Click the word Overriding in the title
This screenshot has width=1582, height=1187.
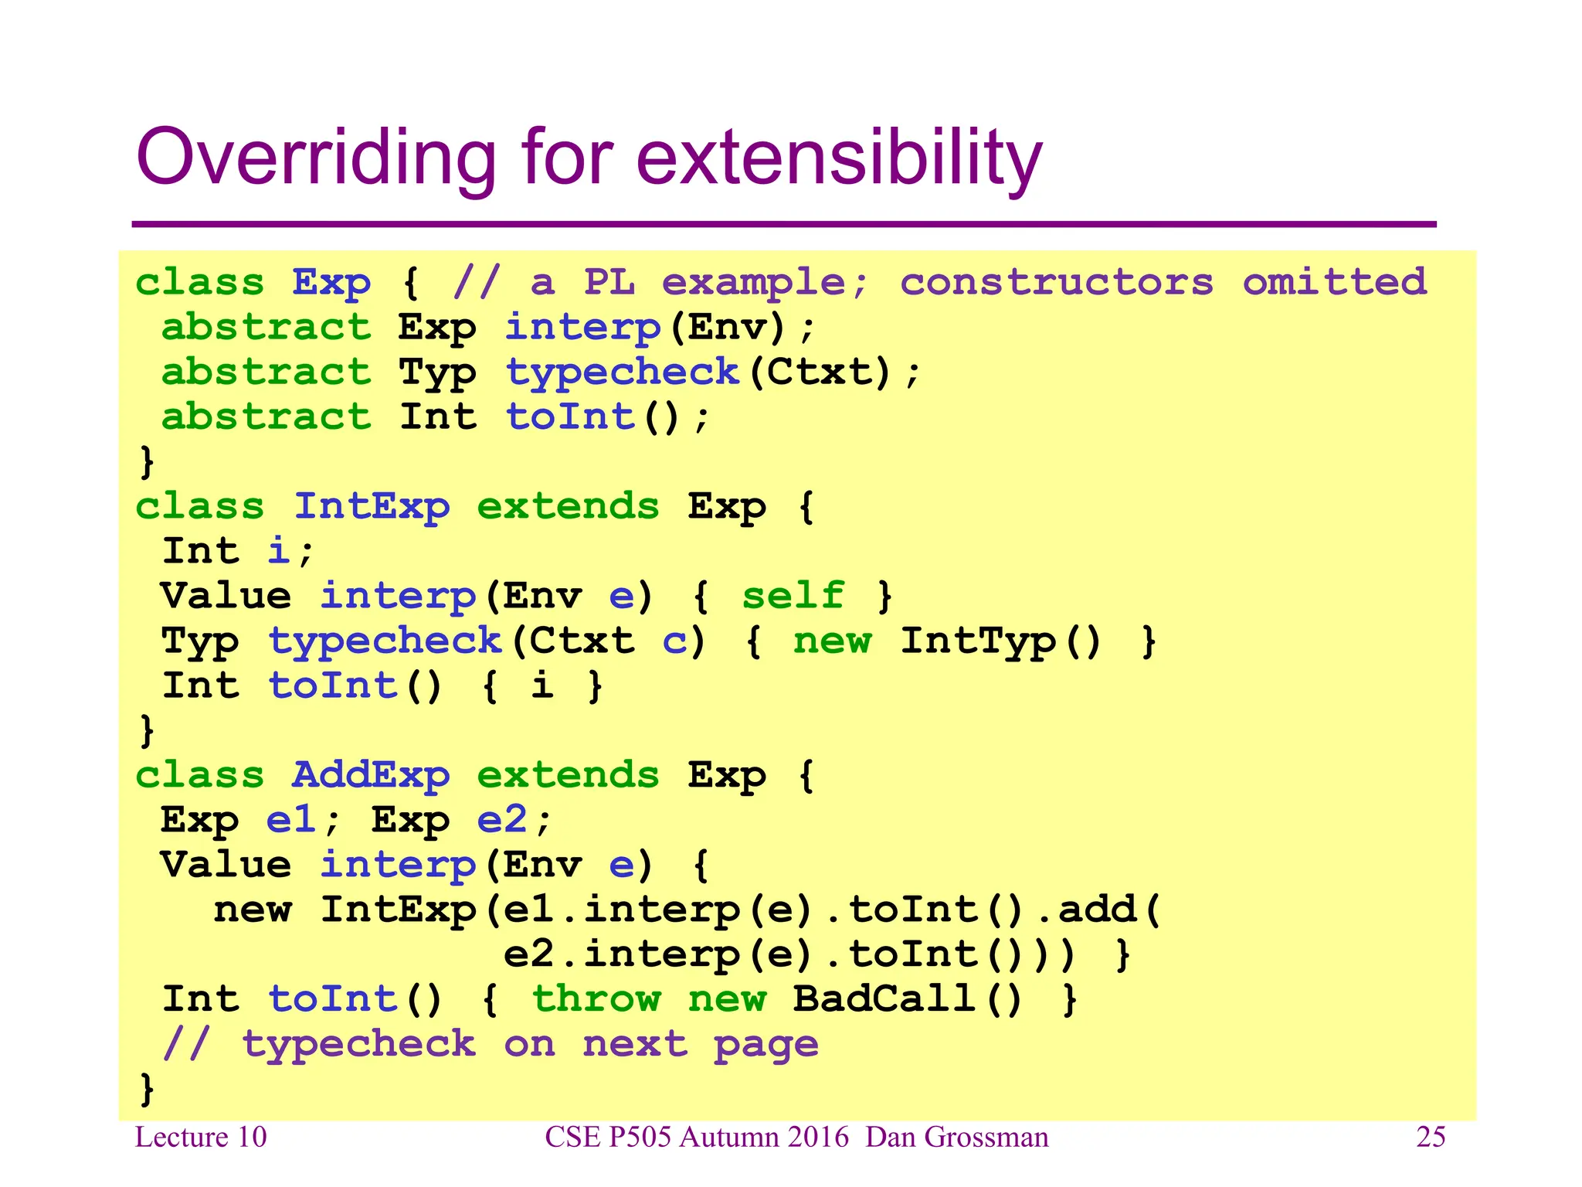pyautogui.click(x=315, y=158)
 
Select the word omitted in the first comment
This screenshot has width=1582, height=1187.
pyautogui.click(x=1334, y=282)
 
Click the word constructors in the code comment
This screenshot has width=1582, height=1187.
pyautogui.click(x=1056, y=282)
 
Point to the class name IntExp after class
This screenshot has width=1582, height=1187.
pyautogui.click(x=372, y=507)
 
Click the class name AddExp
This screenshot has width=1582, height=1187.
pyautogui.click(x=371, y=775)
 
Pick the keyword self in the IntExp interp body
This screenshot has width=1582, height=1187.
pyautogui.click(x=793, y=596)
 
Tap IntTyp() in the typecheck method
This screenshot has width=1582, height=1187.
pyautogui.click(x=1001, y=641)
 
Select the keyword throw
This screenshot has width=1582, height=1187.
pyautogui.click(x=596, y=998)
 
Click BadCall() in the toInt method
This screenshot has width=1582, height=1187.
pyautogui.click(x=908, y=998)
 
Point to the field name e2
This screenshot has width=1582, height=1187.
pyautogui.click(x=502, y=820)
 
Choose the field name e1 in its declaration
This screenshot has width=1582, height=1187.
pyautogui.click(x=291, y=820)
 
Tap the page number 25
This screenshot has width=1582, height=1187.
pyautogui.click(x=1430, y=1137)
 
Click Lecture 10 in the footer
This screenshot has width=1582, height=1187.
pyautogui.click(x=201, y=1137)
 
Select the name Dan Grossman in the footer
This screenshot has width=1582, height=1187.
pyautogui.click(x=956, y=1137)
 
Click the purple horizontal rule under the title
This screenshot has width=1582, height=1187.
pyautogui.click(x=783, y=224)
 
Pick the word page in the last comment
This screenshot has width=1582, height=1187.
pyautogui.click(x=766, y=1045)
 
